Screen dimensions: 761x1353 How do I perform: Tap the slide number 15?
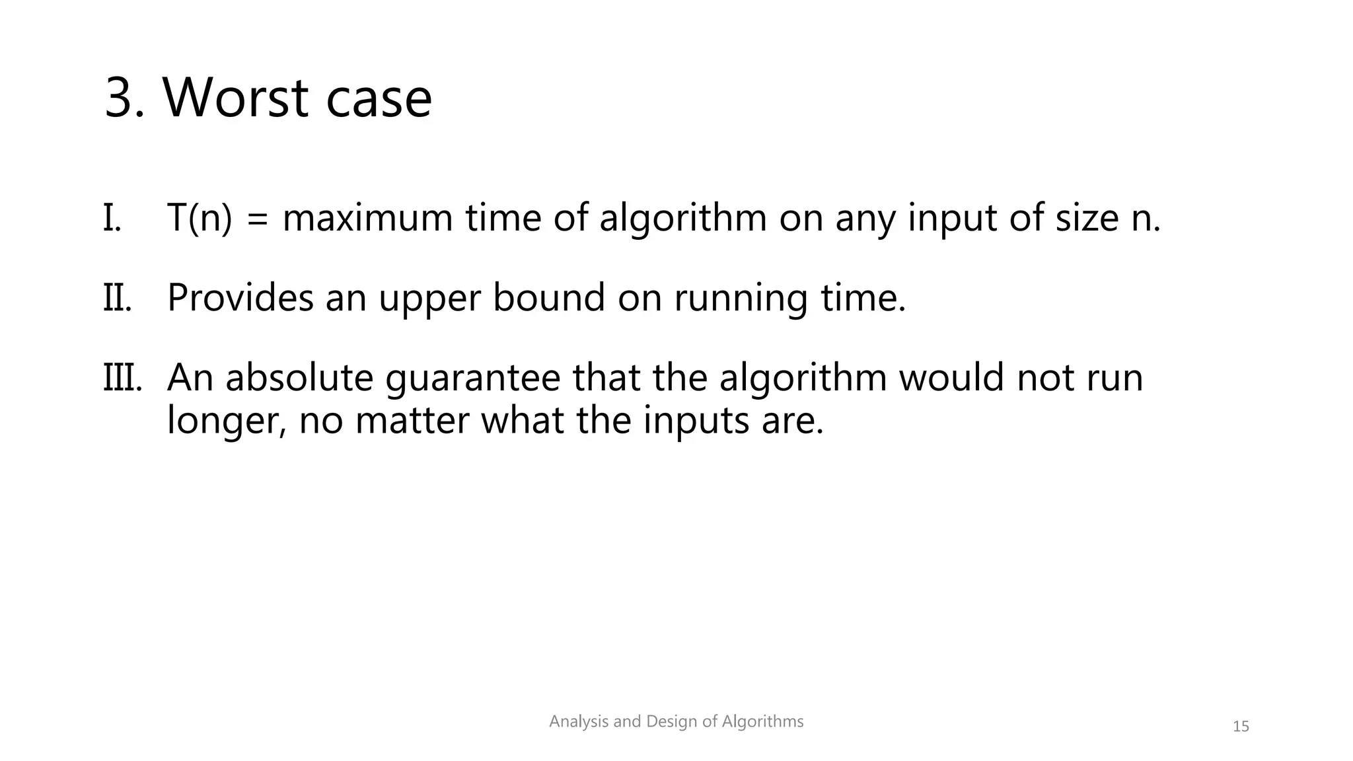pos(1241,727)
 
